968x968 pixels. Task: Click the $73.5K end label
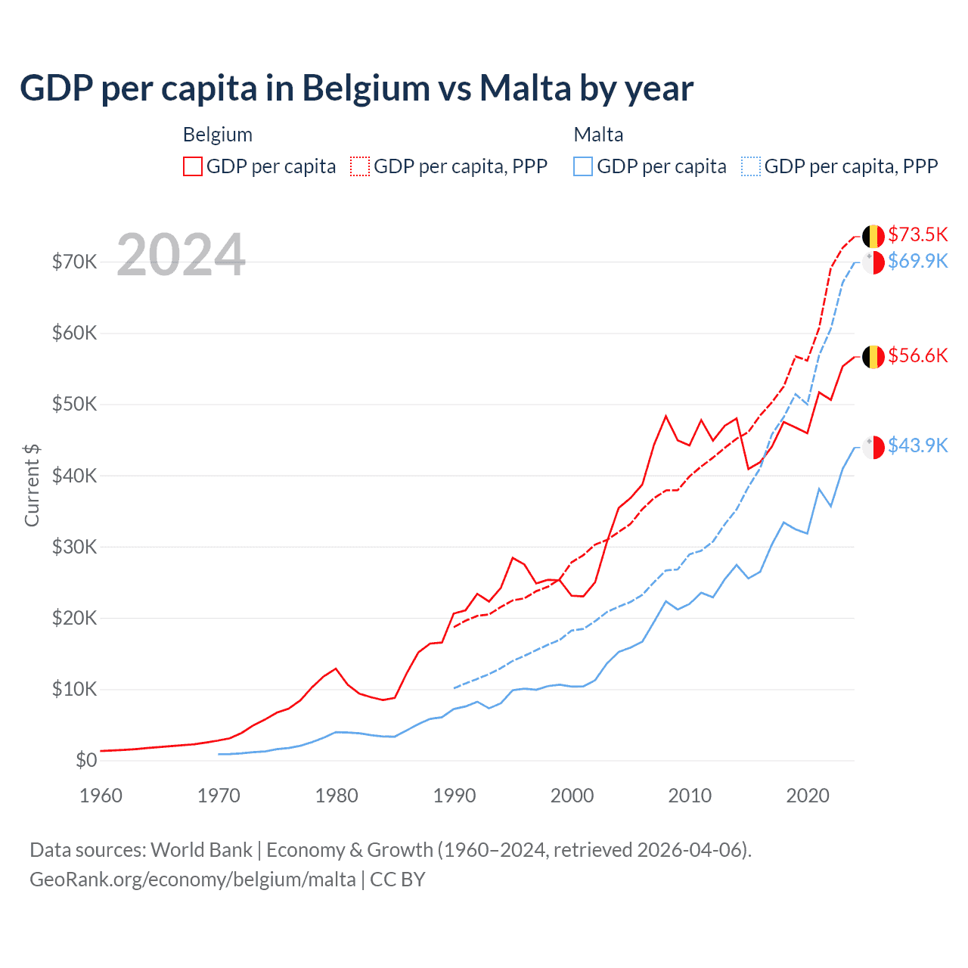tap(917, 234)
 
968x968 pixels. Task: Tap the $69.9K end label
tap(917, 261)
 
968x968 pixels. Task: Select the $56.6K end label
tap(917, 355)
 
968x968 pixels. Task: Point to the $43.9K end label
tap(917, 445)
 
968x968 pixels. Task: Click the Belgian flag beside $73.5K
tap(873, 236)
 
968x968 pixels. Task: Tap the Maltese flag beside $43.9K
tap(873, 447)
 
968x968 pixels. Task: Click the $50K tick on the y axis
tap(74, 404)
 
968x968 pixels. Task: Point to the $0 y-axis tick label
tap(86, 760)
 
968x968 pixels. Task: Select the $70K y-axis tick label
tap(74, 262)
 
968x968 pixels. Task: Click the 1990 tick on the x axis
tap(455, 796)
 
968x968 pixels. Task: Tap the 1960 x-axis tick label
tap(101, 796)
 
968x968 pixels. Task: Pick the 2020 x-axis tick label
tap(808, 796)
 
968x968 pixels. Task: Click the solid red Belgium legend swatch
tap(193, 166)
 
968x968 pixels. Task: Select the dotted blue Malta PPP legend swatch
tap(751, 166)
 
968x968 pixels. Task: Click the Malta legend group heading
tap(598, 135)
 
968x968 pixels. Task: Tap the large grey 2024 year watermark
tap(181, 255)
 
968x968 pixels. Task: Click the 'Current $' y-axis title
tap(32, 486)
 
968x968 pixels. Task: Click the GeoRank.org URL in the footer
tap(193, 880)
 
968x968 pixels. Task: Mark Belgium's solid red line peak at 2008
tap(665, 416)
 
